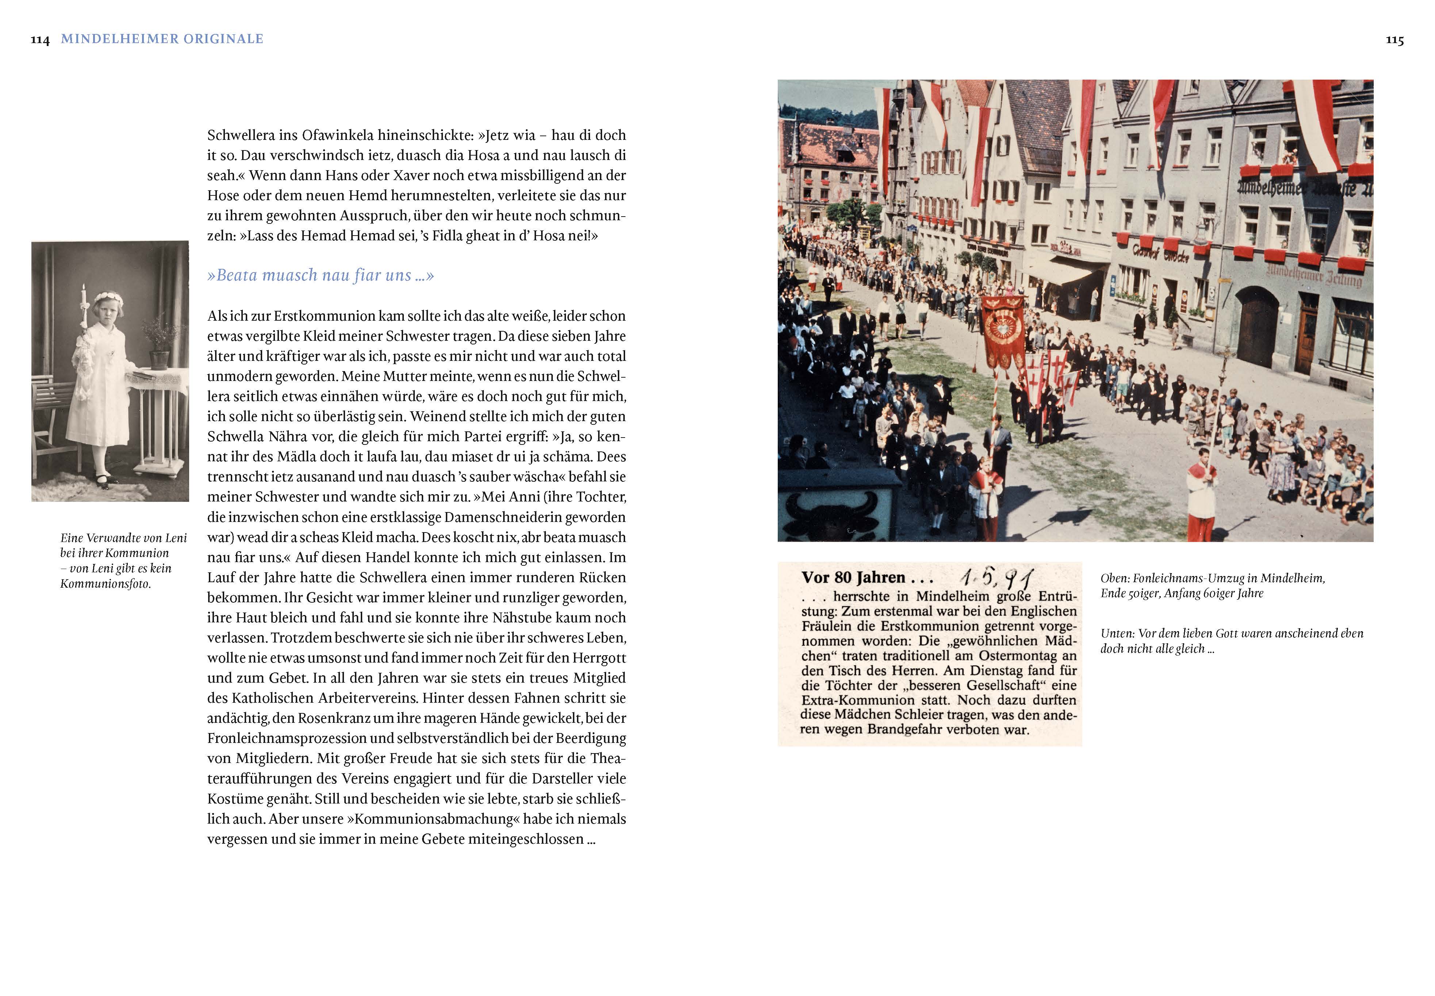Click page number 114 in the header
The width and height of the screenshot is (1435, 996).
coord(40,40)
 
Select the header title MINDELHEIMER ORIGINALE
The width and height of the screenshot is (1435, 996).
coord(162,39)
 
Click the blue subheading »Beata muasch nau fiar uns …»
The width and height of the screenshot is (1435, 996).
coord(320,275)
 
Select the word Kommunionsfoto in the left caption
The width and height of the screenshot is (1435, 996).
coord(106,584)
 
